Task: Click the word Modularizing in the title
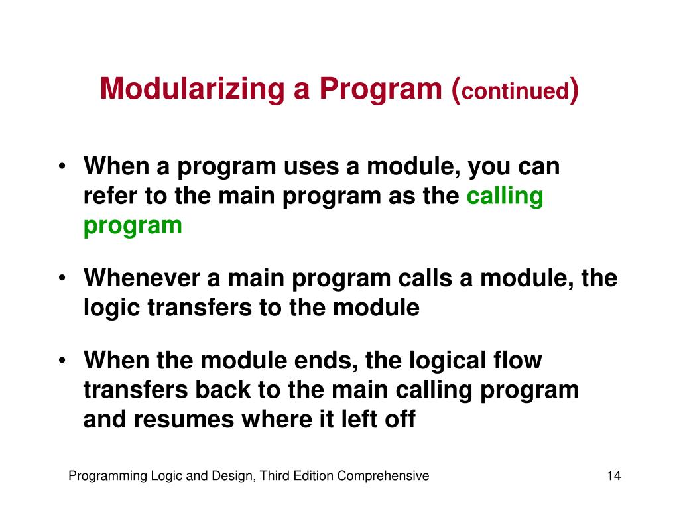(x=192, y=89)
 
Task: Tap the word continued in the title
(x=515, y=91)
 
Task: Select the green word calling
(x=505, y=196)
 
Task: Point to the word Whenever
(x=142, y=278)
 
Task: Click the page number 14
(x=613, y=476)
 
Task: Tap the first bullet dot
(x=62, y=166)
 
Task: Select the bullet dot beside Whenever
(x=62, y=278)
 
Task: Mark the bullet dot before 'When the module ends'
(x=62, y=360)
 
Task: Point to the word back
(x=223, y=390)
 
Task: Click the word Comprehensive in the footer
(x=383, y=476)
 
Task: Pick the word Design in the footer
(x=234, y=476)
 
